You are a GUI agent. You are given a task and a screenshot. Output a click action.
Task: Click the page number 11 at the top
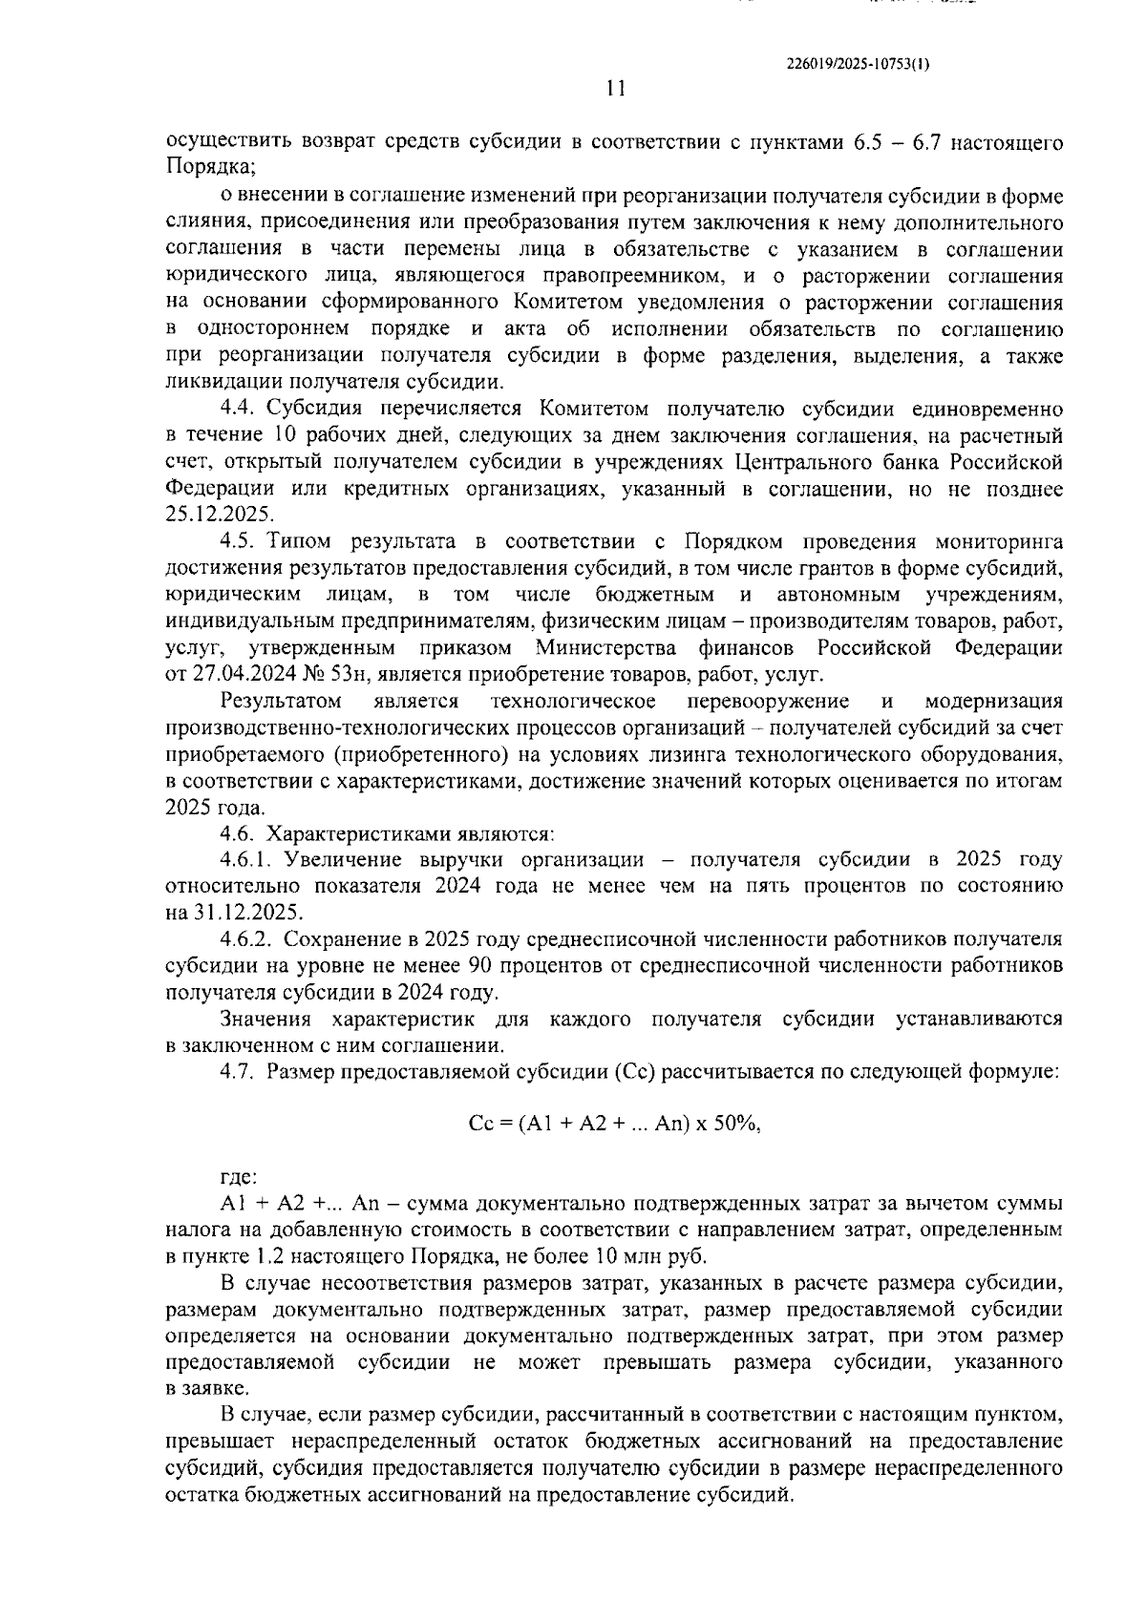(x=615, y=89)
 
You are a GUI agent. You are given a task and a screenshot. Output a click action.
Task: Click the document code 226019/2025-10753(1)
(x=857, y=64)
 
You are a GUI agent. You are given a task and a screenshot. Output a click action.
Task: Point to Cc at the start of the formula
(x=480, y=1124)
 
